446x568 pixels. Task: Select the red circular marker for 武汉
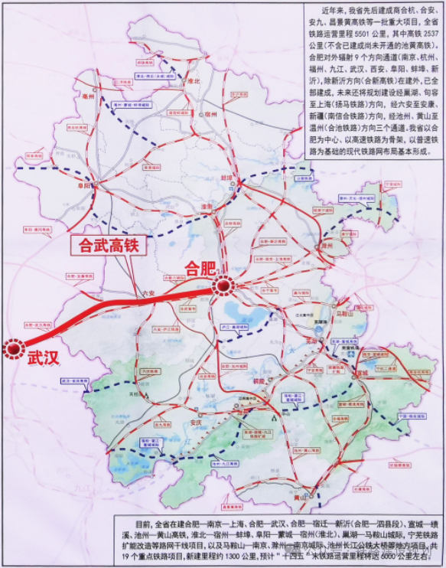tap(15, 349)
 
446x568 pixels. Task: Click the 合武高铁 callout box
tap(104, 246)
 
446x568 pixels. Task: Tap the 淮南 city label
tap(205, 207)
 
